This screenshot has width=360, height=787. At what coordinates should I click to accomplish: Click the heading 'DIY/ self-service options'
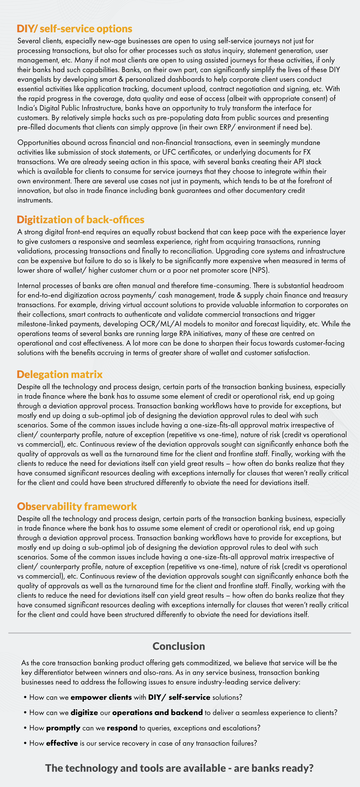pyautogui.click(x=74, y=29)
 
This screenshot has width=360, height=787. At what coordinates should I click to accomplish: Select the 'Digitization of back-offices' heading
pyautogui.click(x=80, y=220)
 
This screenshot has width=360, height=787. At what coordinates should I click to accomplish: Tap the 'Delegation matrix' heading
pyautogui.click(x=60, y=374)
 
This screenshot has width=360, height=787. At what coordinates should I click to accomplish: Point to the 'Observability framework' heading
pyautogui.click(x=77, y=506)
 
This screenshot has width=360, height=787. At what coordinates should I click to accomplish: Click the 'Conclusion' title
pyautogui.click(x=179, y=646)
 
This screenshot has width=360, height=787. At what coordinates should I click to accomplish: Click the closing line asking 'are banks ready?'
pyautogui.click(x=179, y=768)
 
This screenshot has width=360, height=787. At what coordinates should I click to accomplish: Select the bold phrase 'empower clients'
pyautogui.click(x=101, y=697)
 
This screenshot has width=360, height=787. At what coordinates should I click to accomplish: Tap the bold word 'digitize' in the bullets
pyautogui.click(x=84, y=712)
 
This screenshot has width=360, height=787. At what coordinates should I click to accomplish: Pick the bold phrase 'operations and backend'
pyautogui.click(x=157, y=712)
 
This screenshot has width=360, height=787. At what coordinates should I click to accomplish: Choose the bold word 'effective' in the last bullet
pyautogui.click(x=62, y=743)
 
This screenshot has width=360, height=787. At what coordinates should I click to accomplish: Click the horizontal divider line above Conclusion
pyautogui.click(x=179, y=633)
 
